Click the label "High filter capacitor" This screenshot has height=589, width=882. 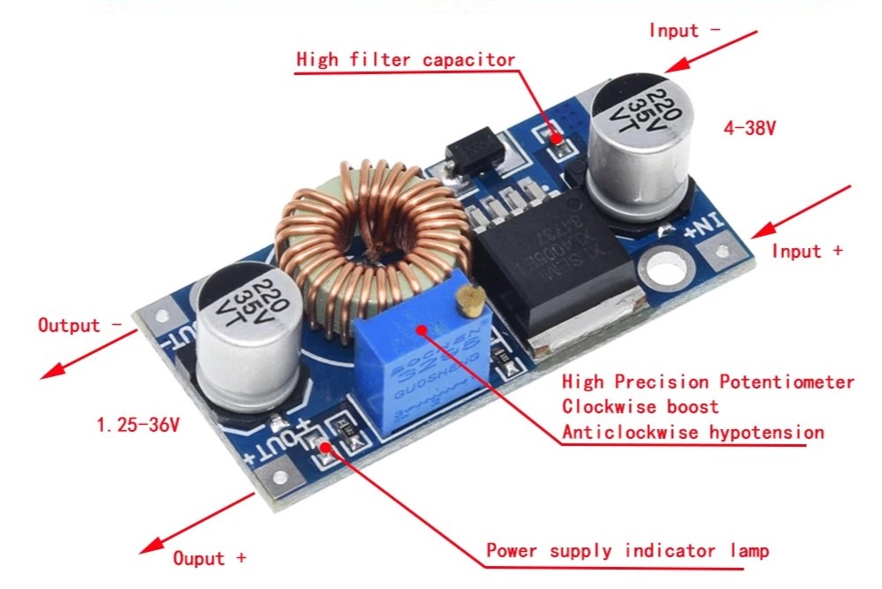coord(406,60)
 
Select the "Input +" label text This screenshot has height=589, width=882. coord(807,251)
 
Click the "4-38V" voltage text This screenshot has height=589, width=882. coord(750,128)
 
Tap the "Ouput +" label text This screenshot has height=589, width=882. coord(209,558)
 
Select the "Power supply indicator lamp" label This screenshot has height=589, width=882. coord(627,551)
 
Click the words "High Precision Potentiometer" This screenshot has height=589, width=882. coord(708,382)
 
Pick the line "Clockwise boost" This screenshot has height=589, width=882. coord(640,407)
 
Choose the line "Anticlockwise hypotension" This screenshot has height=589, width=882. coord(693,432)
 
